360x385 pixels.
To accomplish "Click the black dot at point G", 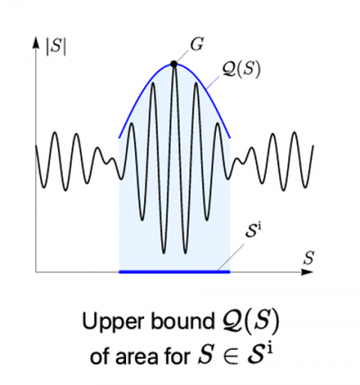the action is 174,64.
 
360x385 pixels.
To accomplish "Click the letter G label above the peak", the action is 197,45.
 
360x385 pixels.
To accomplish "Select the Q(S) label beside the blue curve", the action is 241,70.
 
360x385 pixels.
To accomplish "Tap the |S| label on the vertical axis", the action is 56,48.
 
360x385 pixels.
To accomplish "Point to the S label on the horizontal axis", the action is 308,258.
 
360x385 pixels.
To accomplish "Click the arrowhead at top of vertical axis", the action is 36,42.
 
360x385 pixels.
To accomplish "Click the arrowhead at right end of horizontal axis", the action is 308,272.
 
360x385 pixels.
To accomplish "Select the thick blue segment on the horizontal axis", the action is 175,272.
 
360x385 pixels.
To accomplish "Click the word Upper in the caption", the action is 114,323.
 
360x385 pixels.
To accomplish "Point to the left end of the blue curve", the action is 119,139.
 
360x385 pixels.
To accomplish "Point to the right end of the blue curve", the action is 230,139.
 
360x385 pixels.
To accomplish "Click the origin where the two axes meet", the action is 36,272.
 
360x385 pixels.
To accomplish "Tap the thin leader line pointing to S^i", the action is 231,255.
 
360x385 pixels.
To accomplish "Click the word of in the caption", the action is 102,355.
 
